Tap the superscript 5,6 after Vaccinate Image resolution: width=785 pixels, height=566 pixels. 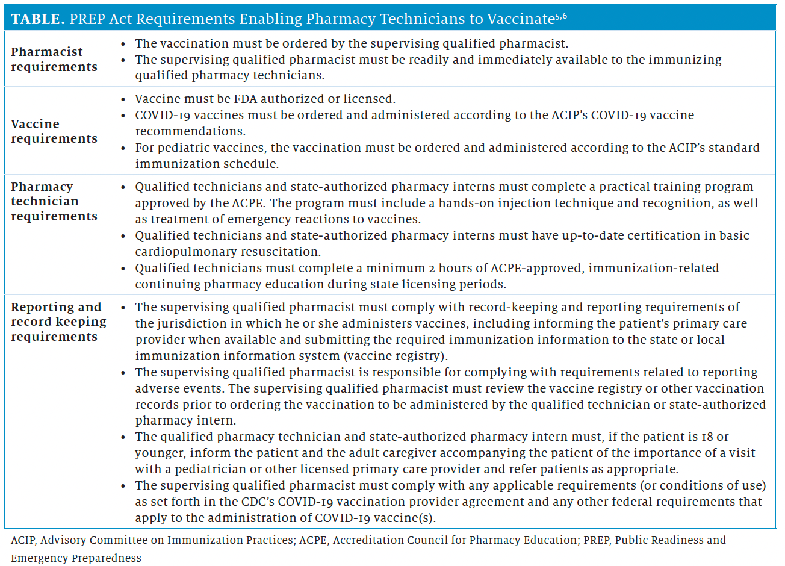pos(560,16)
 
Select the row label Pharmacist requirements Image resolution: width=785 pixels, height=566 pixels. pos(54,59)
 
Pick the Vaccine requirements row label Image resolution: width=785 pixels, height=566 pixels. pos(54,131)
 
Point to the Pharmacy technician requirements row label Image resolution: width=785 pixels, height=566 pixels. pos(54,201)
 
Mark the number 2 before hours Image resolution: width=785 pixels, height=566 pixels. pos(432,268)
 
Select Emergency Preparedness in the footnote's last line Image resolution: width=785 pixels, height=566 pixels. pos(76,558)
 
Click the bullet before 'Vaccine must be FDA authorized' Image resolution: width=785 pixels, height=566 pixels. pos(123,99)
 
